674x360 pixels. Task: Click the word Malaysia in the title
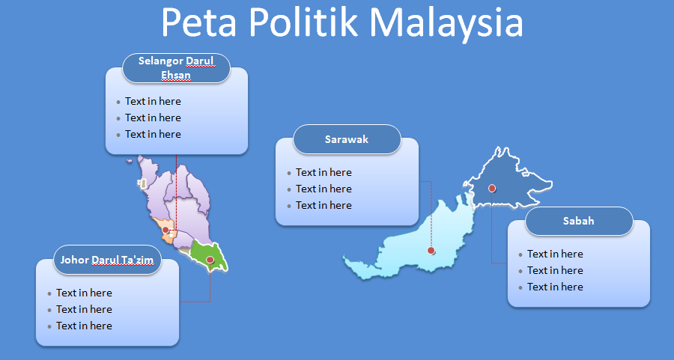pyautogui.click(x=446, y=22)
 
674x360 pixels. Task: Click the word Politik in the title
pyautogui.click(x=303, y=22)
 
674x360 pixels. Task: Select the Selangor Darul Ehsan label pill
pyautogui.click(x=176, y=68)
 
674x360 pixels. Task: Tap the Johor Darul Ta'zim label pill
pyautogui.click(x=107, y=260)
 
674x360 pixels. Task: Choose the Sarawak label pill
pyautogui.click(x=347, y=139)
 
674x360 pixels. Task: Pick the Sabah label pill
pyautogui.click(x=579, y=221)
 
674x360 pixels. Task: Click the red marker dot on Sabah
pyautogui.click(x=492, y=188)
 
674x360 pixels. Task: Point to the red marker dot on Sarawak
pyautogui.click(x=431, y=251)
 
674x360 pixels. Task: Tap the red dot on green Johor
pyautogui.click(x=210, y=260)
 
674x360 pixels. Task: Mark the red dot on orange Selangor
pyautogui.click(x=166, y=230)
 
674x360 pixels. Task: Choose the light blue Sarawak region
pyautogui.click(x=413, y=245)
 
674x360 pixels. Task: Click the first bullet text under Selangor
pyautogui.click(x=153, y=101)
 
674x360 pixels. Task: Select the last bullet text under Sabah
pyautogui.click(x=556, y=287)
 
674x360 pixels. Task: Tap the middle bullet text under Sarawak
pyautogui.click(x=324, y=189)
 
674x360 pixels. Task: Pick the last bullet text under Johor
pyautogui.click(x=84, y=326)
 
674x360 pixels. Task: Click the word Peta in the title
pyautogui.click(x=199, y=22)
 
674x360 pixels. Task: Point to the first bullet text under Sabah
pyautogui.click(x=556, y=254)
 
